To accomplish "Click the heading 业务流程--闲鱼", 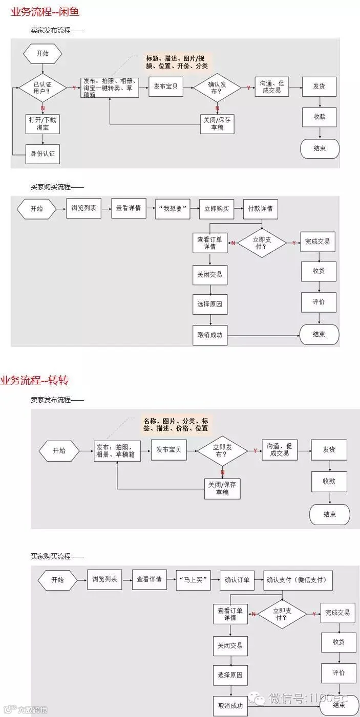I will pos(46,12).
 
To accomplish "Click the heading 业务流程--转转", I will pos(35,380).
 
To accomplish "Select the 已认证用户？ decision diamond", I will pos(43,88).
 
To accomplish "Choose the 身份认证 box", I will pos(43,154).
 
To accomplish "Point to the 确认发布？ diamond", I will pos(217,88).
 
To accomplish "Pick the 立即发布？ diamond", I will pos(222,451).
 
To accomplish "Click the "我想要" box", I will pos(173,209).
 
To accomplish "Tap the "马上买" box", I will pos(194,580).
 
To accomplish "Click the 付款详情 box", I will pos(260,209).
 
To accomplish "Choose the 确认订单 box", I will pos(237,580).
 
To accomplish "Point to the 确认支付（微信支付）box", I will pos(299,580).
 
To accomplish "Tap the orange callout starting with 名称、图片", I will pos(176,424).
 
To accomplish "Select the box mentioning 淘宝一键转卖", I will pos(110,88).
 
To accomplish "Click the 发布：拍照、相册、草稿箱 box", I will pos(117,451).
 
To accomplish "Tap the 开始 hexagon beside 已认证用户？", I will pos(43,54).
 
